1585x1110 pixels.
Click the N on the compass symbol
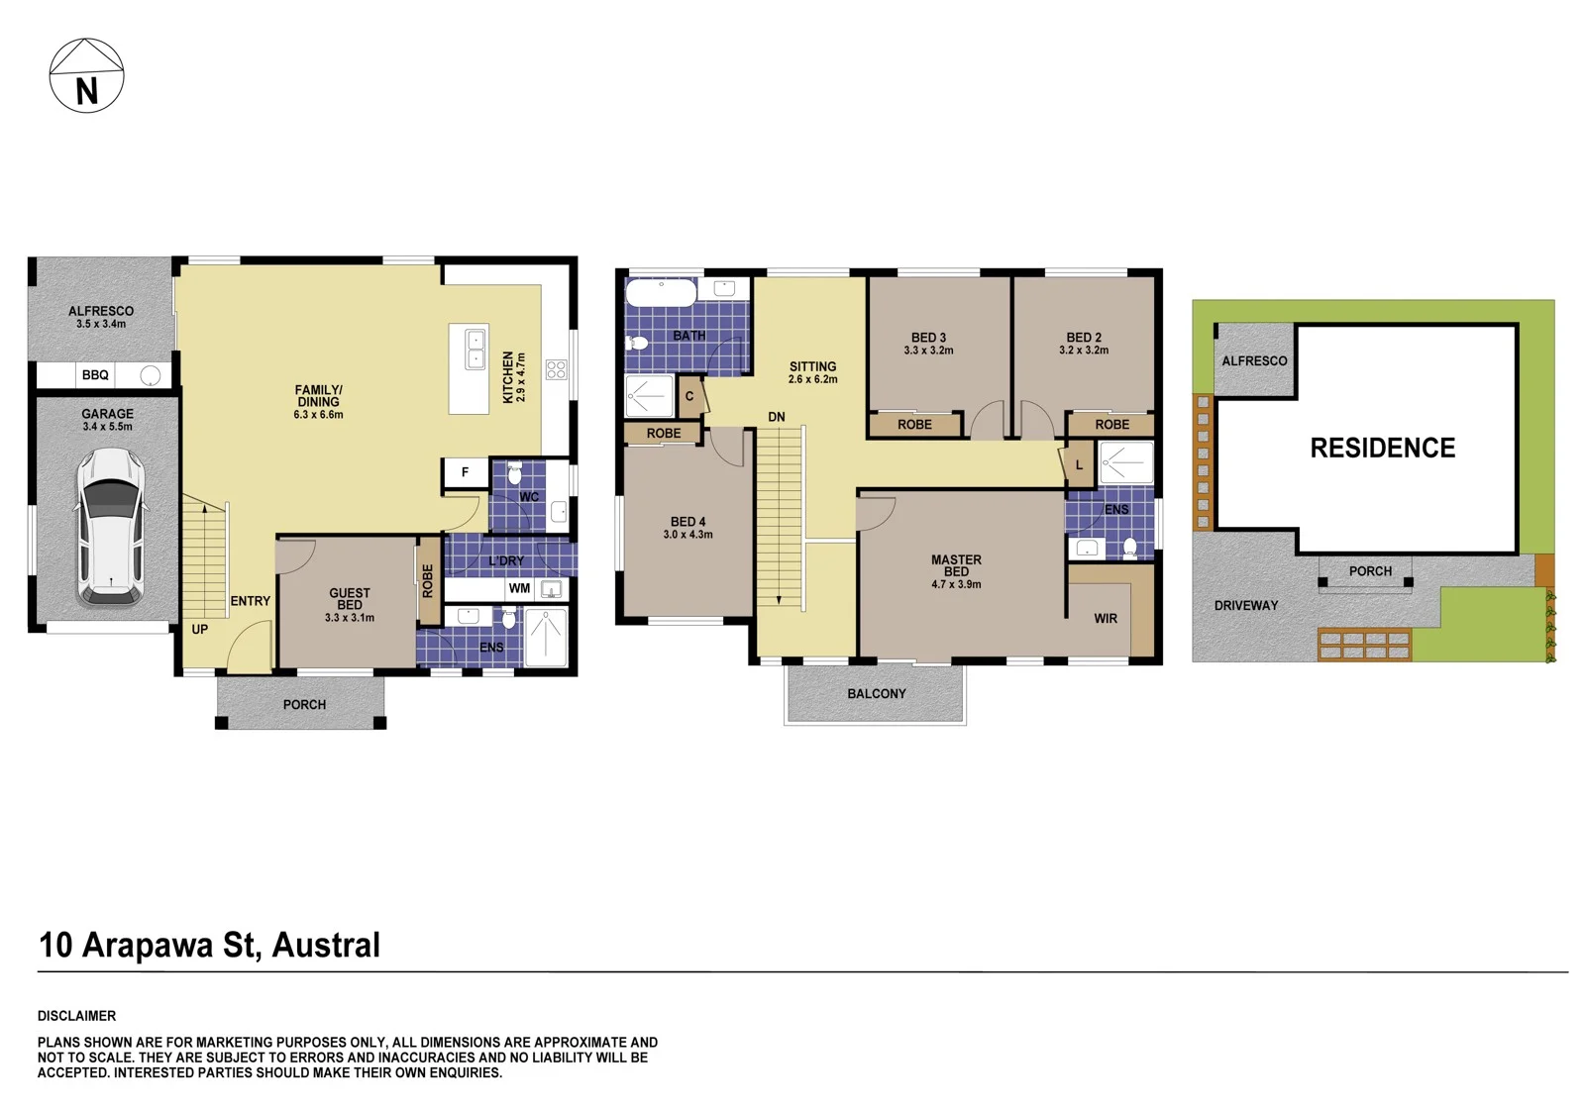click(87, 91)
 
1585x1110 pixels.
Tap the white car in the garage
click(111, 527)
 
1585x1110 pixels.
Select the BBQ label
click(95, 375)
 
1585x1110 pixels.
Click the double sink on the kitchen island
click(475, 349)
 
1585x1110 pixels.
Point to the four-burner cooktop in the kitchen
click(556, 369)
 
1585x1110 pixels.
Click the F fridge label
click(465, 472)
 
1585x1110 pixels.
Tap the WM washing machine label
click(519, 588)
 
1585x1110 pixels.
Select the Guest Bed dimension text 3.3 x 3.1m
click(350, 618)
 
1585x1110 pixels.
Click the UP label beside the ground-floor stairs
click(199, 629)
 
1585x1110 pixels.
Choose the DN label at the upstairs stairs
click(777, 418)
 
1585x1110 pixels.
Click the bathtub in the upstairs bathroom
click(661, 292)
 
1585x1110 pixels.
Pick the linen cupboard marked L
click(1080, 464)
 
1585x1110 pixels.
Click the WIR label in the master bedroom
click(1106, 619)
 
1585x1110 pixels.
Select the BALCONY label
click(877, 694)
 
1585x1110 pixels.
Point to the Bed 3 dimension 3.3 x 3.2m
click(928, 351)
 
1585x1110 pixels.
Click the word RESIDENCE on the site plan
click(1383, 448)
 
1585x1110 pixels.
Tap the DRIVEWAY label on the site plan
click(1246, 606)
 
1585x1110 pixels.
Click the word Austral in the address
click(326, 946)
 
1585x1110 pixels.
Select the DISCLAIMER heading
click(76, 1016)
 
